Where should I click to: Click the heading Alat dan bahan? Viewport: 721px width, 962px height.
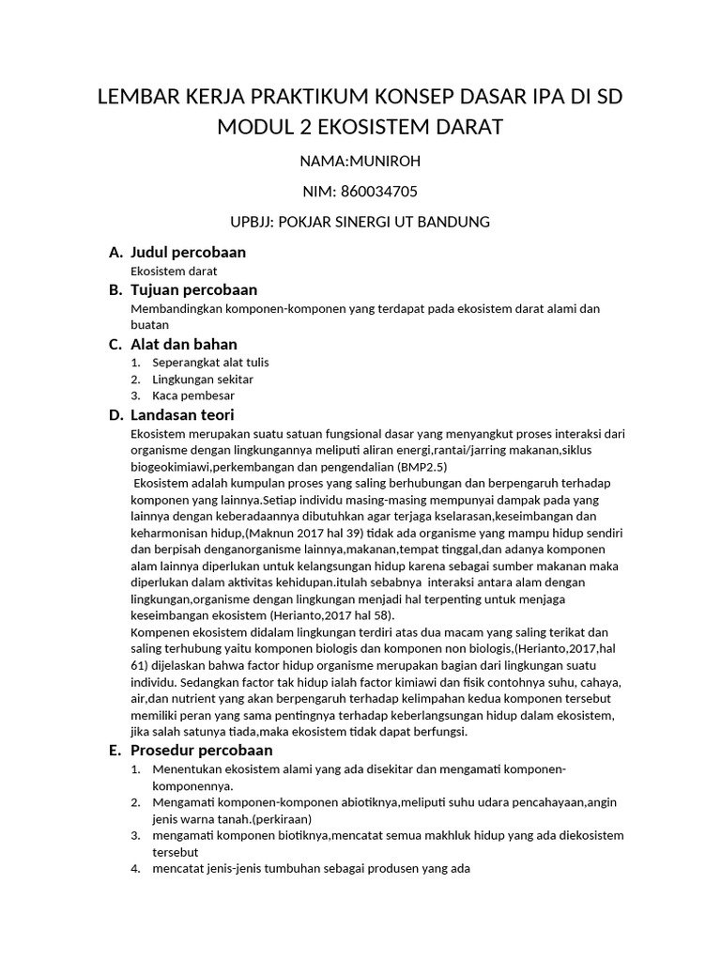183,344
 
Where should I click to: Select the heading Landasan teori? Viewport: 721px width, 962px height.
182,414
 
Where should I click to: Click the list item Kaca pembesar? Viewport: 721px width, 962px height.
193,396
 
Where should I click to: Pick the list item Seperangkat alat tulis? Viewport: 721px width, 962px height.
210,362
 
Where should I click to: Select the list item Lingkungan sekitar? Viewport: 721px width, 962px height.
203,379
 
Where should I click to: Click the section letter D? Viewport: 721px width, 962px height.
115,414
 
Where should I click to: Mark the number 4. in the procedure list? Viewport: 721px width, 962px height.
135,869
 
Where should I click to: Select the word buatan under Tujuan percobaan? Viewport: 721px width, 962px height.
148,324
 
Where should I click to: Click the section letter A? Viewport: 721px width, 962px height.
115,252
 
